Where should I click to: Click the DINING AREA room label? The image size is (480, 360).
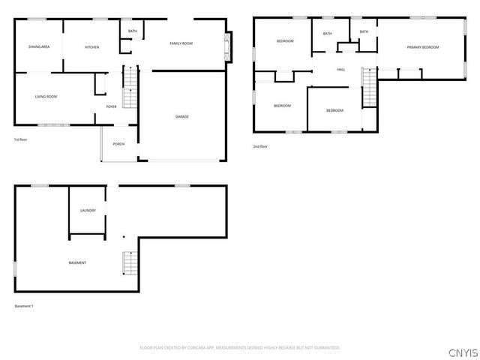pyautogui.click(x=39, y=47)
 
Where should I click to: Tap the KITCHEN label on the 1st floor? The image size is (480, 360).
pyautogui.click(x=92, y=47)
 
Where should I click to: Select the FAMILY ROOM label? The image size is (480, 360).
pyautogui.click(x=181, y=43)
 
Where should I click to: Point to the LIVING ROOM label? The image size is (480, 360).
pyautogui.click(x=46, y=97)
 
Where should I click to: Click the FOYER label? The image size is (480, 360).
pyautogui.click(x=111, y=106)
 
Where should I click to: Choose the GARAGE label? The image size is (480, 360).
pyautogui.click(x=181, y=117)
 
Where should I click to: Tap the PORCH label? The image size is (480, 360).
pyautogui.click(x=118, y=144)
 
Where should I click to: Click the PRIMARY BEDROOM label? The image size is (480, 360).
pyautogui.click(x=422, y=47)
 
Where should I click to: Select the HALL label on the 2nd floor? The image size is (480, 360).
pyautogui.click(x=340, y=70)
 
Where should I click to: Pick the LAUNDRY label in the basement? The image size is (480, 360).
pyautogui.click(x=88, y=211)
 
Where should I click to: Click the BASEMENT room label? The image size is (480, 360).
pyautogui.click(x=77, y=262)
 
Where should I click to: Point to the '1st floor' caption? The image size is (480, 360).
pyautogui.click(x=20, y=139)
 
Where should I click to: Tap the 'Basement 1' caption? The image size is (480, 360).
pyautogui.click(x=24, y=306)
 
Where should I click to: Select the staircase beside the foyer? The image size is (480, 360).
pyautogui.click(x=130, y=88)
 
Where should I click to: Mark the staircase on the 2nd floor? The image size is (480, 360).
pyautogui.click(x=368, y=87)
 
